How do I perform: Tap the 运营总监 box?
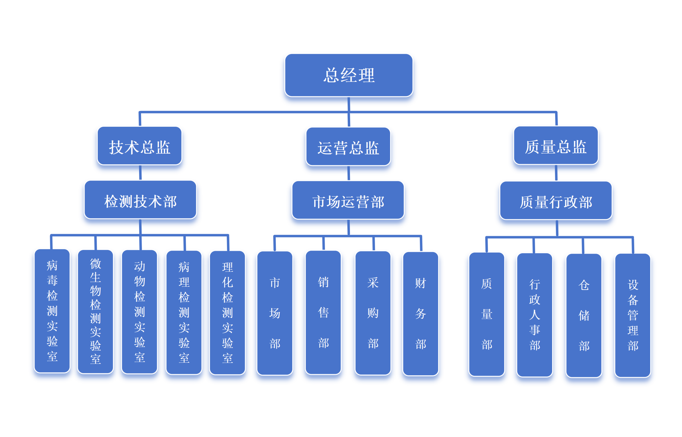pyautogui.click(x=348, y=147)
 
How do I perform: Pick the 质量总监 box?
pyautogui.click(x=556, y=146)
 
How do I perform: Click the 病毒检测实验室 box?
pyautogui.click(x=52, y=311)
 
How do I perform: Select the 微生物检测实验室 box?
pyautogui.click(x=96, y=312)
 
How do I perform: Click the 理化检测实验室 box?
pyautogui.click(x=227, y=313)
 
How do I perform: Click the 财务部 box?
pyautogui.click(x=420, y=314)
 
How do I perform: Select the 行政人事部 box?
pyautogui.click(x=535, y=315)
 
